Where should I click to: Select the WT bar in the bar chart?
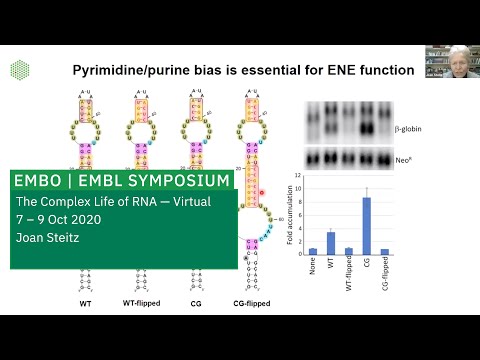pos(330,243)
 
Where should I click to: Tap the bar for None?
pos(312,251)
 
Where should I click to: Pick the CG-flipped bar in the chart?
pos(385,252)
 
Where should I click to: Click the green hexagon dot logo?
pos(19,69)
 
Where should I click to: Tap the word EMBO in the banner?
pos(37,181)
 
